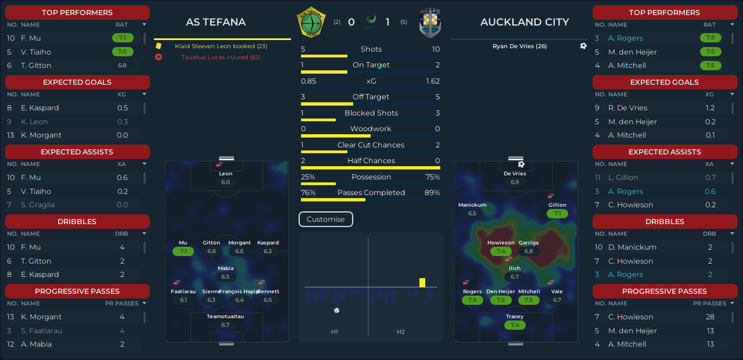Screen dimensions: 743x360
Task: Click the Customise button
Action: (326, 219)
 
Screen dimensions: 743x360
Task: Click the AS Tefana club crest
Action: (311, 22)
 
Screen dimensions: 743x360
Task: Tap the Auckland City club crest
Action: (430, 23)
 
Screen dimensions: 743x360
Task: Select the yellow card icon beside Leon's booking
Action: (159, 46)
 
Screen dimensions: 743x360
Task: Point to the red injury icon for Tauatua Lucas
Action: (159, 57)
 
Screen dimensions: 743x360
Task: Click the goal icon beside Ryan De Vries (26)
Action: (583, 46)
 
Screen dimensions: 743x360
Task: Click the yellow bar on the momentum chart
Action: (422, 282)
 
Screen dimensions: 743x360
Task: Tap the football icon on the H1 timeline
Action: (337, 311)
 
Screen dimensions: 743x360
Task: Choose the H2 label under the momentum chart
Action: (401, 332)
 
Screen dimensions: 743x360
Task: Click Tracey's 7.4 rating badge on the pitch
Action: (515, 325)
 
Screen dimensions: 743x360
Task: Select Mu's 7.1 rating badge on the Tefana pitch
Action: (183, 251)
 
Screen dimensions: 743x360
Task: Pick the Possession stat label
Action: (371, 177)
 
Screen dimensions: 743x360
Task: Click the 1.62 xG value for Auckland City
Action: (433, 81)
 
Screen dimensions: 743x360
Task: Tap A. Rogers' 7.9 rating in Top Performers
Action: (710, 38)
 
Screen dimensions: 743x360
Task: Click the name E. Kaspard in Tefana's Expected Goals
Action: (40, 108)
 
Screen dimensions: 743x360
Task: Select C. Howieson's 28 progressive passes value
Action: (710, 317)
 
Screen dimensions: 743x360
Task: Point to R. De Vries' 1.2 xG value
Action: (710, 108)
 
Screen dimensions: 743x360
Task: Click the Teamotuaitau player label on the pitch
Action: (225, 316)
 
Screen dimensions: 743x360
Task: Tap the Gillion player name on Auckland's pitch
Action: (557, 205)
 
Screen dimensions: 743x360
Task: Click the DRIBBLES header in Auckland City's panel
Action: (665, 221)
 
